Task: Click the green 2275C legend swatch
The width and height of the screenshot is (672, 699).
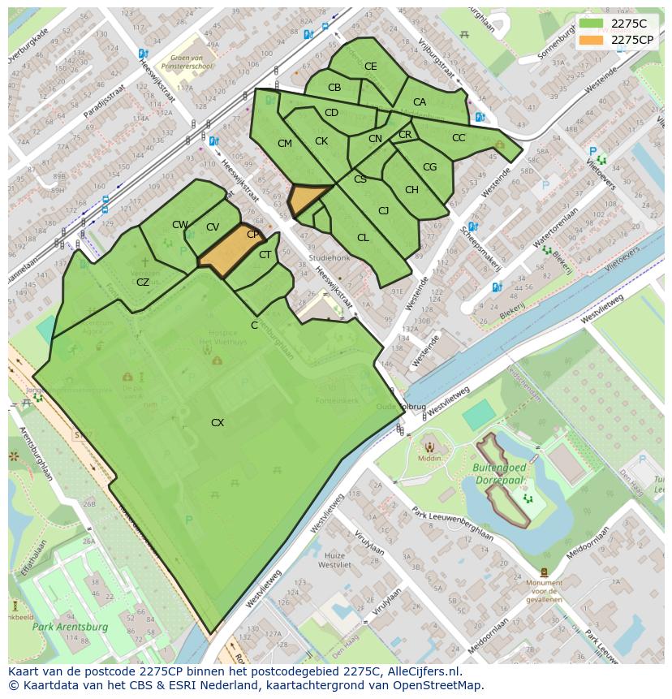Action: (x=591, y=24)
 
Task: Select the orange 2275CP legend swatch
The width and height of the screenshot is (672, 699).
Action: (x=591, y=39)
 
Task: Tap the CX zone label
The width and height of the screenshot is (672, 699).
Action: (x=218, y=423)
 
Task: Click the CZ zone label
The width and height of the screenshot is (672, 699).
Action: (x=143, y=283)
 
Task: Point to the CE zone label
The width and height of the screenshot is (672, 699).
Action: (x=371, y=67)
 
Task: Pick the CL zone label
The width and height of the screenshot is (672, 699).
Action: (x=363, y=238)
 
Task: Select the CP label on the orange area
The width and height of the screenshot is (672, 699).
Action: (x=252, y=235)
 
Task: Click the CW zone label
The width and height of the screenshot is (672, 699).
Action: (x=180, y=225)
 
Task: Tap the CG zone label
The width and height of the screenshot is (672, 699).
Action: (x=429, y=167)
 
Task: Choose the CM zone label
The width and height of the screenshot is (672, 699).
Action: (x=285, y=144)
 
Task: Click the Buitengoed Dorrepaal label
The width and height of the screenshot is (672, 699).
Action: (x=500, y=474)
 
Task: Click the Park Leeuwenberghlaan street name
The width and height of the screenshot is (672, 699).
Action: (x=452, y=523)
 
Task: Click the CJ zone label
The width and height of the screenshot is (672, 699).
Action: (x=384, y=211)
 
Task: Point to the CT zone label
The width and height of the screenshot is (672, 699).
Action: (x=265, y=255)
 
